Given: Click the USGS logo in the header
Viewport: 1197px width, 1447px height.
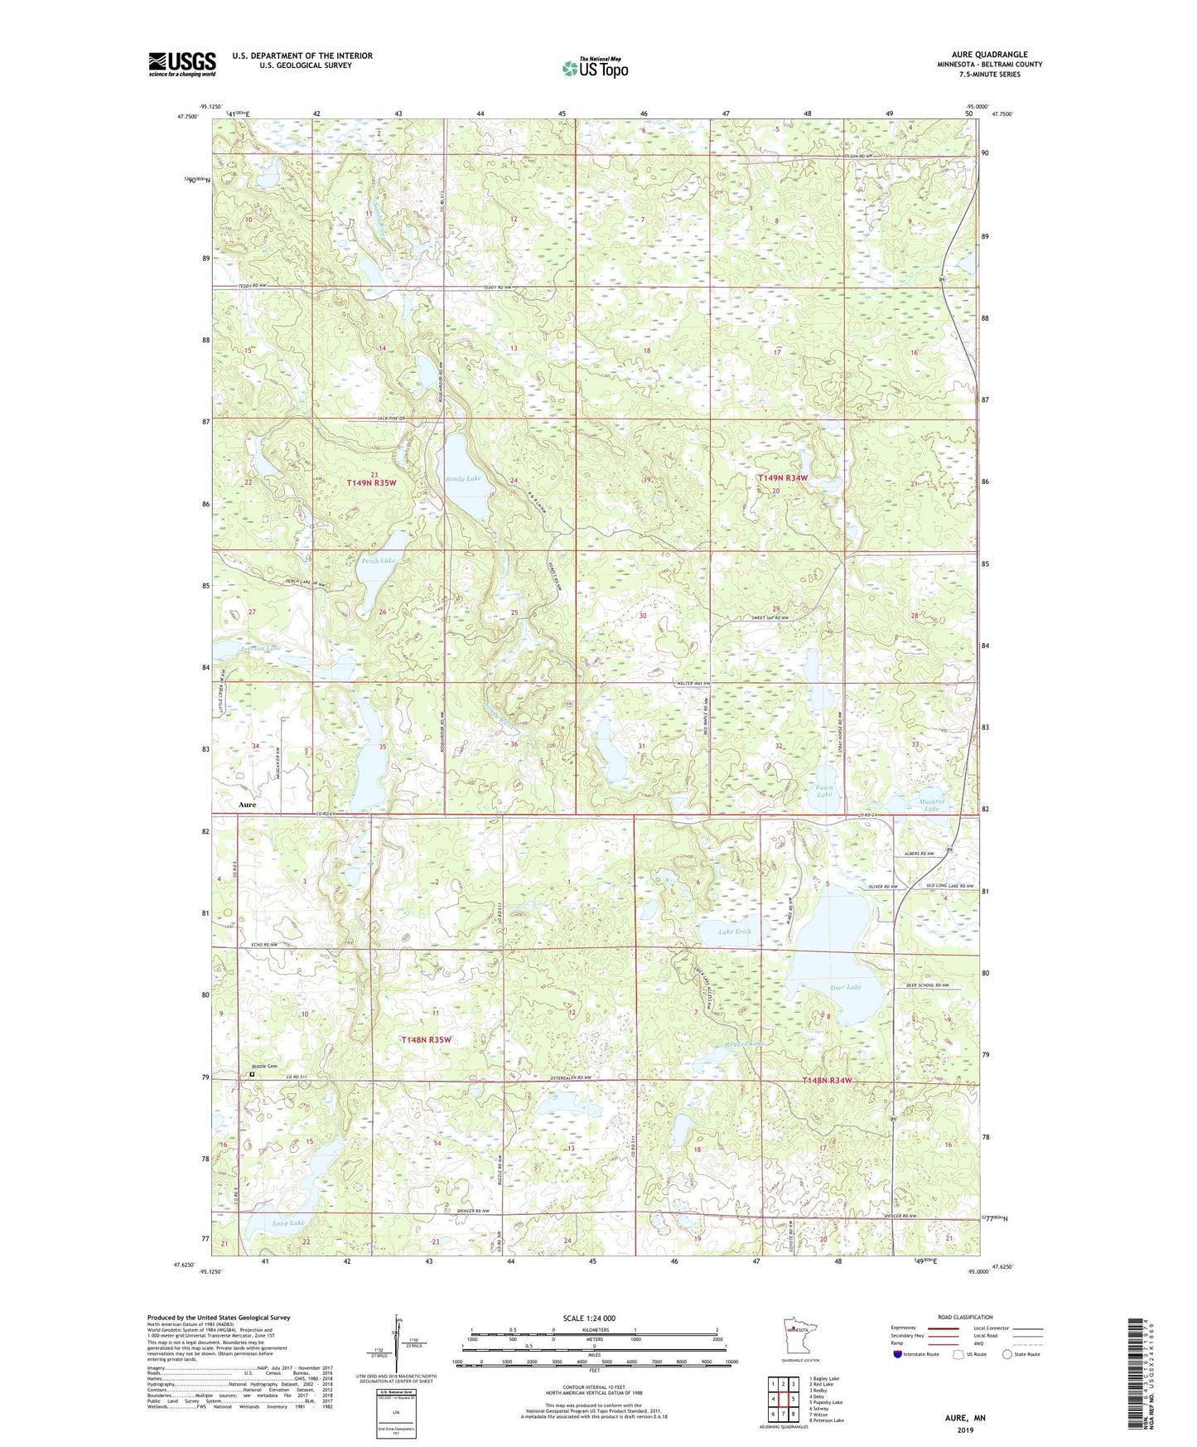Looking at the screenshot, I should [181, 64].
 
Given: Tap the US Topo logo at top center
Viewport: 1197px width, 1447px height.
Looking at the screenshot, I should [593, 68].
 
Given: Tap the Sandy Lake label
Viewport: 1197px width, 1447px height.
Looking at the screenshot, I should [462, 479].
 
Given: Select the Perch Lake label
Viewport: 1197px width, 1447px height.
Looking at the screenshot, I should [379, 561].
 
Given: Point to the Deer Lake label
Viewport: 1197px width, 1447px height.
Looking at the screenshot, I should [846, 988].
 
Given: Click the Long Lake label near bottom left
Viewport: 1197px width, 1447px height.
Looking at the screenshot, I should [288, 1222].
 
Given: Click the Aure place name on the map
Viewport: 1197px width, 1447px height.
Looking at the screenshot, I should [247, 805].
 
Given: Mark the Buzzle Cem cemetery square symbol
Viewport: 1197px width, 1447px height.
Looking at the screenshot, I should [253, 1075].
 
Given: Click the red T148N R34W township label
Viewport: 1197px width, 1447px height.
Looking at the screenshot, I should [827, 1081].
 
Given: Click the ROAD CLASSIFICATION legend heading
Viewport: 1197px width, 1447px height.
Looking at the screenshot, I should [965, 1317].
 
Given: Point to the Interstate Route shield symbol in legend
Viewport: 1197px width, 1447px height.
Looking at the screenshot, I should [898, 1354].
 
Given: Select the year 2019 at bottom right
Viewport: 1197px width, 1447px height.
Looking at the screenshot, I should [965, 1430].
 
